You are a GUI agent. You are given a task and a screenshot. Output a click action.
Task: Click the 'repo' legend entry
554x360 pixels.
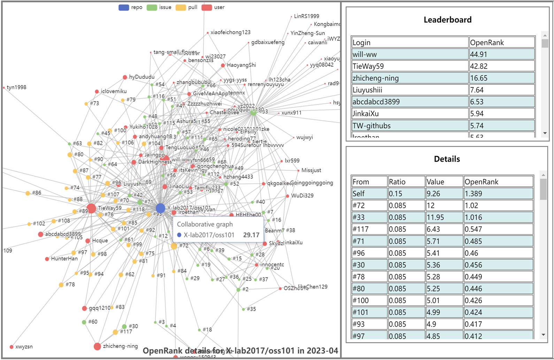pyautogui.click(x=130, y=7)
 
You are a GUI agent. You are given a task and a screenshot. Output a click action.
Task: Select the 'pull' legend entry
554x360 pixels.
pyautogui.click(x=186, y=7)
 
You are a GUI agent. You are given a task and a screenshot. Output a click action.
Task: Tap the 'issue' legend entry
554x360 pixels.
pyautogui.click(x=159, y=7)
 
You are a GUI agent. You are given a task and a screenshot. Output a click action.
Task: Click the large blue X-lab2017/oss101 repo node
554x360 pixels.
pyautogui.click(x=160, y=208)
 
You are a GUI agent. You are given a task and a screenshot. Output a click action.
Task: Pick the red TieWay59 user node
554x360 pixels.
pyautogui.click(x=91, y=208)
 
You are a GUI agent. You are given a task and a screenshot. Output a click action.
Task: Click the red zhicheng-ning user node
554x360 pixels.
pyautogui.click(x=97, y=346)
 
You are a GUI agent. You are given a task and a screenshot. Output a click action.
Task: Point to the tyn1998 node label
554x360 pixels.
pyautogui.click(x=16, y=87)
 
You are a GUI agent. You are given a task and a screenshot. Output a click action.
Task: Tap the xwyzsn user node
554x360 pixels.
pyautogui.click(x=11, y=347)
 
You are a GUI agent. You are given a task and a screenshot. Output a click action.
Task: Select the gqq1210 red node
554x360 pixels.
pyautogui.click(x=84, y=308)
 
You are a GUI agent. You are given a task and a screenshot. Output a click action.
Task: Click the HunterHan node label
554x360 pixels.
pyautogui.click(x=64, y=259)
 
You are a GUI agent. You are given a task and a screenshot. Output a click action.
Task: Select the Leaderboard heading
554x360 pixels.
pyautogui.click(x=447, y=20)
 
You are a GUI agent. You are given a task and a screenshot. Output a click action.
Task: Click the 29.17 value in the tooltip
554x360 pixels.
pyautogui.click(x=251, y=235)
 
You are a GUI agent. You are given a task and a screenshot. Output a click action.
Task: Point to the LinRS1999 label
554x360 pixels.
pyautogui.click(x=306, y=16)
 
